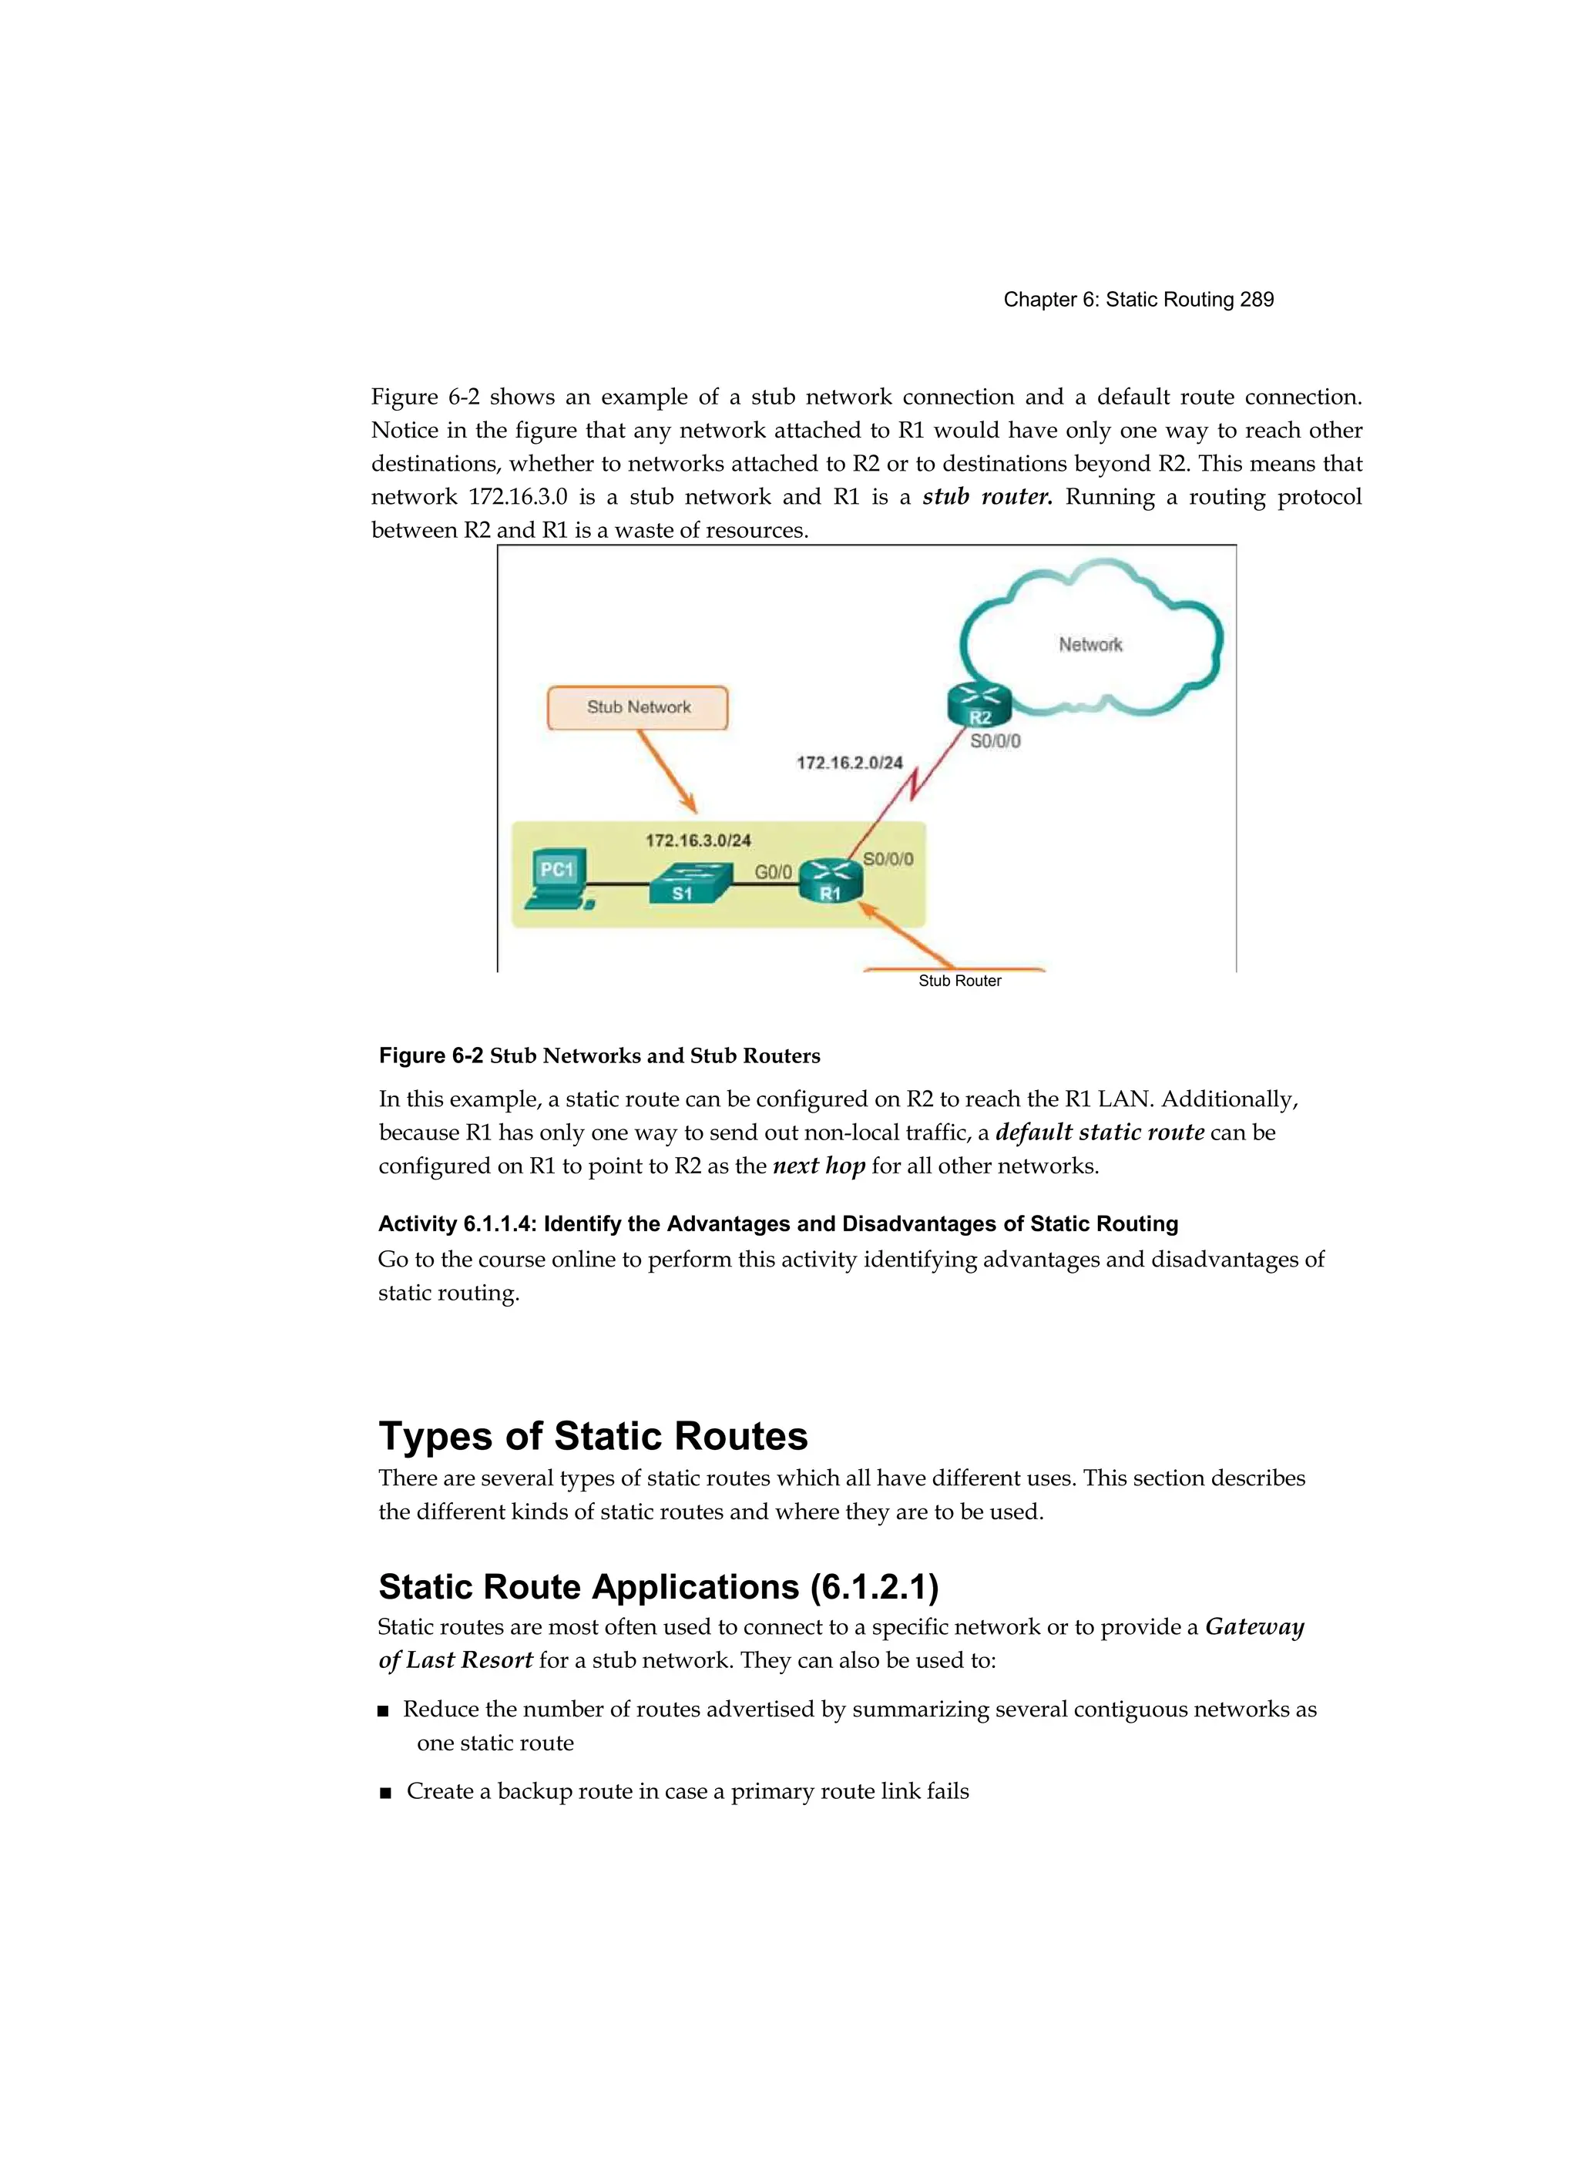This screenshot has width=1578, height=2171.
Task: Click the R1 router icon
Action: [830, 881]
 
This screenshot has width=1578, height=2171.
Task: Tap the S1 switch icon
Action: [686, 884]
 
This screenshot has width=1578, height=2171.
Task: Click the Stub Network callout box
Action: [638, 707]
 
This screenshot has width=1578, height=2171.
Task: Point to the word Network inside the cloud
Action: [1089, 645]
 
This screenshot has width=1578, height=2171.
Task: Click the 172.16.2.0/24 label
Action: [849, 763]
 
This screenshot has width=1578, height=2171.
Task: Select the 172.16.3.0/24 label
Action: [698, 841]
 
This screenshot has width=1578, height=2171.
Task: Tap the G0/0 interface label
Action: [773, 872]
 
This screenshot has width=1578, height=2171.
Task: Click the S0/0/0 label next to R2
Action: [995, 741]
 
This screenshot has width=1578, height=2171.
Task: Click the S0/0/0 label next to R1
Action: [888, 859]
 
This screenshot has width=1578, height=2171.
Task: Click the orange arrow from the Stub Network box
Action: [666, 773]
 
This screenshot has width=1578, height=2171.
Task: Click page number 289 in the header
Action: [1256, 300]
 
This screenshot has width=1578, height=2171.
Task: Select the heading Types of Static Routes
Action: [593, 1436]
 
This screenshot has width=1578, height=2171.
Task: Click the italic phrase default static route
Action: [1100, 1132]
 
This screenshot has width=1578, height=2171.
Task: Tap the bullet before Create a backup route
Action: [385, 1793]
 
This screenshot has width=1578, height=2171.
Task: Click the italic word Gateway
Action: [1254, 1626]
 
